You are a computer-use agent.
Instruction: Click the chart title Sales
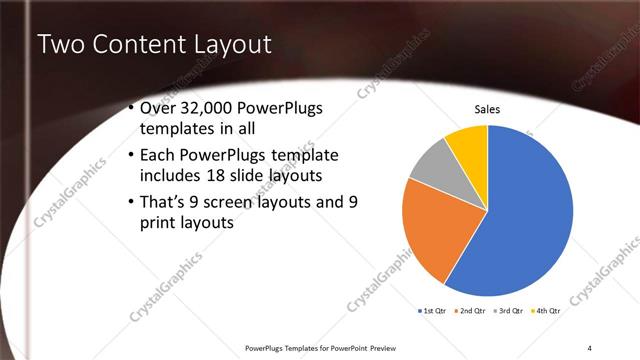487,110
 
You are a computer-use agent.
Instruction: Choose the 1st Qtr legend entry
433,312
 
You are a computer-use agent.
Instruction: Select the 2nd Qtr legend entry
473,312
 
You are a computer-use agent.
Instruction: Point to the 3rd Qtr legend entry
511,312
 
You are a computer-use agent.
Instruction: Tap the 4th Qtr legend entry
551,312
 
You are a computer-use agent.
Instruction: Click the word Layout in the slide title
238,44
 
